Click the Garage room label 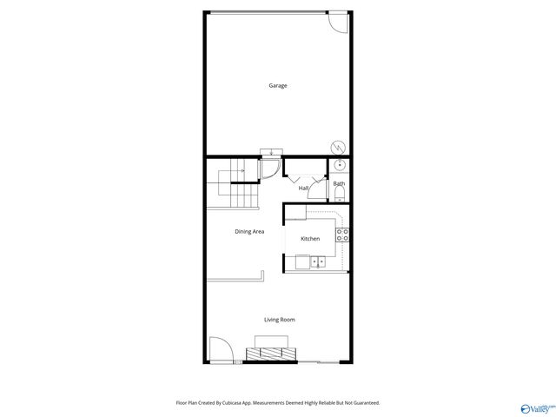277,85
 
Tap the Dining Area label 249,231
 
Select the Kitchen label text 310,238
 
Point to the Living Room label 279,320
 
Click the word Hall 304,188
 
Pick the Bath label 339,183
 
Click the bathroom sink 340,165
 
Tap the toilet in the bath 340,195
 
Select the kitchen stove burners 342,234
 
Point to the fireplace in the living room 272,352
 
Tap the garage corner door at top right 338,23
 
